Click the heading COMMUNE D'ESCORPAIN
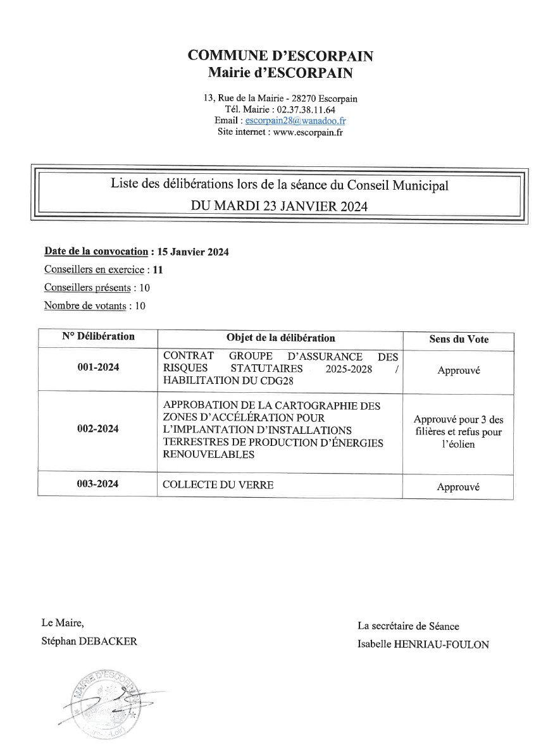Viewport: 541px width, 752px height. coord(280,56)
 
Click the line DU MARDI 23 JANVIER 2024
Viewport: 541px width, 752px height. coord(280,206)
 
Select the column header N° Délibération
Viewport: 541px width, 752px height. coord(98,336)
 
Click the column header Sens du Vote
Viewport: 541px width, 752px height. coord(459,340)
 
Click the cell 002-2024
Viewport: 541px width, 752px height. coord(98,429)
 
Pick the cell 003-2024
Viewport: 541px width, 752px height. coord(98,484)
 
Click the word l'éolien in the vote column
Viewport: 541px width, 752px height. coord(459,445)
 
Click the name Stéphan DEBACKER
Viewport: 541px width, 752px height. coord(89,641)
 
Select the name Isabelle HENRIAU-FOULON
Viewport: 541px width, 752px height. coord(423,644)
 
